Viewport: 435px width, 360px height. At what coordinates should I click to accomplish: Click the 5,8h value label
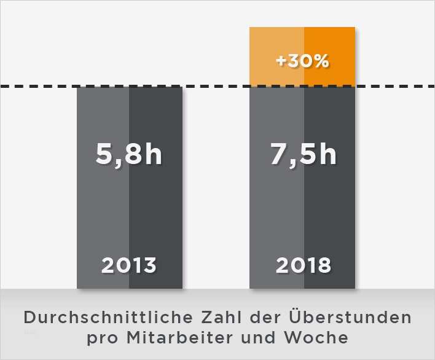pyautogui.click(x=129, y=154)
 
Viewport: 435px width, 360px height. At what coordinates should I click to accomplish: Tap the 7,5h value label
pyautogui.click(x=303, y=154)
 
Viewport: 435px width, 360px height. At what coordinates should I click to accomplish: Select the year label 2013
pyautogui.click(x=129, y=265)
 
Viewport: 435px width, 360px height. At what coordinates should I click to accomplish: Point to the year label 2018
pyautogui.click(x=303, y=265)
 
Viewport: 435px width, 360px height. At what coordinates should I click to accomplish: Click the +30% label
pyautogui.click(x=302, y=62)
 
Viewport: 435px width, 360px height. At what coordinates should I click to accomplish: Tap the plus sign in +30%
pyautogui.click(x=281, y=62)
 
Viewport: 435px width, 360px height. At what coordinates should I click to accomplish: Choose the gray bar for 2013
pyautogui.click(x=129, y=209)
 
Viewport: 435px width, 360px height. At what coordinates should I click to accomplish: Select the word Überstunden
pyautogui.click(x=351, y=318)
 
